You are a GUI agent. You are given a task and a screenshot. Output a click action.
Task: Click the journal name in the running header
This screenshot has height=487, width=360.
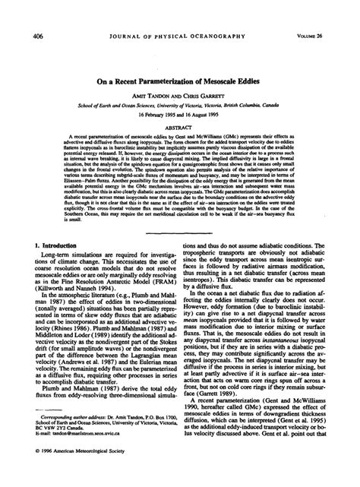[178, 13]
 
